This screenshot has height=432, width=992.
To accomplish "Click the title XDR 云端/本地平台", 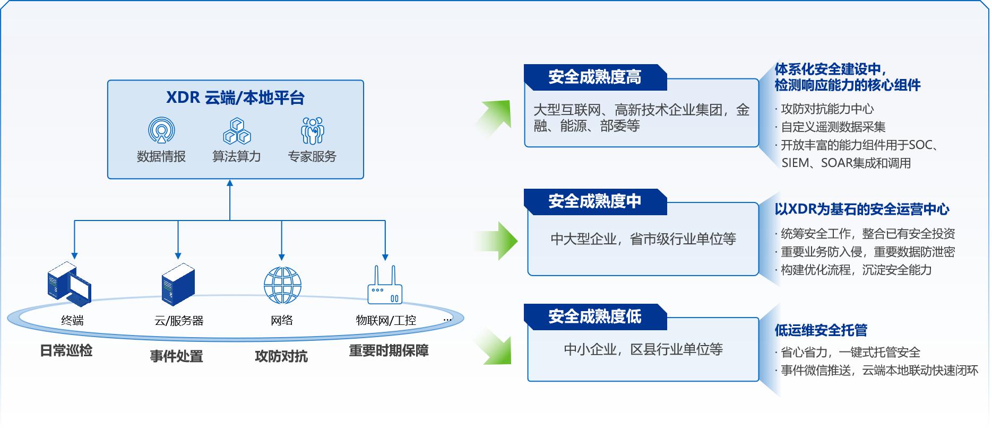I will (x=235, y=98).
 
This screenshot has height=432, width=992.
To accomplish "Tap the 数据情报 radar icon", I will (x=161, y=130).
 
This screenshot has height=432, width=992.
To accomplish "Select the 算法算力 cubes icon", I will (x=237, y=131).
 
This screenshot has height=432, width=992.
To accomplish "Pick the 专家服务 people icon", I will (x=312, y=130).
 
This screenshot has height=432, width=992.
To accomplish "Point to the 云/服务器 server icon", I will (x=178, y=284).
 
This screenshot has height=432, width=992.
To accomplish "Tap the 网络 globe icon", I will (x=282, y=285).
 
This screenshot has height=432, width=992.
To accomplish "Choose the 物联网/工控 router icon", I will (x=385, y=286).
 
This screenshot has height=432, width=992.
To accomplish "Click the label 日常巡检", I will (x=66, y=350).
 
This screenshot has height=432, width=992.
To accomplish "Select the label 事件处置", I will (x=177, y=356).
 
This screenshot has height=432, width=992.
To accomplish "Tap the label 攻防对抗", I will (x=281, y=356).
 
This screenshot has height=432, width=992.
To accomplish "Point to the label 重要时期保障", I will (x=389, y=350).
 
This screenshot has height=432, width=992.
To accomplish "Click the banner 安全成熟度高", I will (x=594, y=77).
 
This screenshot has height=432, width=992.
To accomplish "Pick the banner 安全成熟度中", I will (x=594, y=201).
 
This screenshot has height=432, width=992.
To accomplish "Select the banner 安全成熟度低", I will (x=594, y=316).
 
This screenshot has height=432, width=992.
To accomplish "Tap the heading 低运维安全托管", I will (x=821, y=330).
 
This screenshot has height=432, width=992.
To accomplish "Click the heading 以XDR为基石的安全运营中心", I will (x=861, y=209).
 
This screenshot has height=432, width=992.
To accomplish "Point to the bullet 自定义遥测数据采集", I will (x=833, y=127).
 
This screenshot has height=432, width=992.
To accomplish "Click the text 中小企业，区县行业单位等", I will (x=643, y=349).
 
